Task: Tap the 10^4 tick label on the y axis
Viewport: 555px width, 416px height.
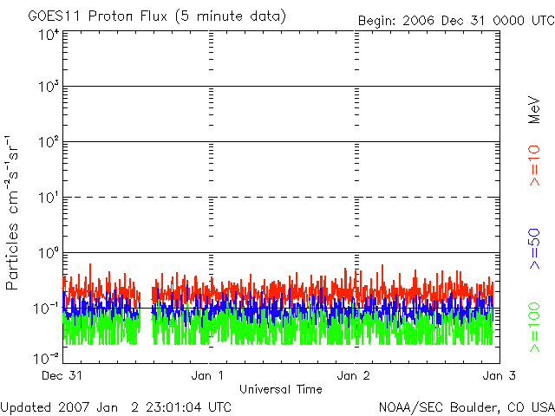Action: click(49, 35)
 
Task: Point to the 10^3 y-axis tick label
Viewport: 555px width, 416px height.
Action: click(49, 88)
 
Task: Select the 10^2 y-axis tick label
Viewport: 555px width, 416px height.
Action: click(49, 143)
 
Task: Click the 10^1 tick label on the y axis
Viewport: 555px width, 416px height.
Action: click(49, 198)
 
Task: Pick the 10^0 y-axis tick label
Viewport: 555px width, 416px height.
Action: click(49, 253)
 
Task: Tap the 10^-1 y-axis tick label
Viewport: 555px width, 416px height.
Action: click(47, 308)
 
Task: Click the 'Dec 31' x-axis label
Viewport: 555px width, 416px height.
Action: click(62, 376)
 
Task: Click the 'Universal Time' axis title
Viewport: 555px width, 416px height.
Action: click(279, 389)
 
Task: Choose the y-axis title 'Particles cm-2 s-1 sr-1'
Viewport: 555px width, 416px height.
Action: click(15, 212)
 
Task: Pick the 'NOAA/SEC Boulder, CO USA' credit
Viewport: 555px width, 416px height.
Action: click(466, 406)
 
